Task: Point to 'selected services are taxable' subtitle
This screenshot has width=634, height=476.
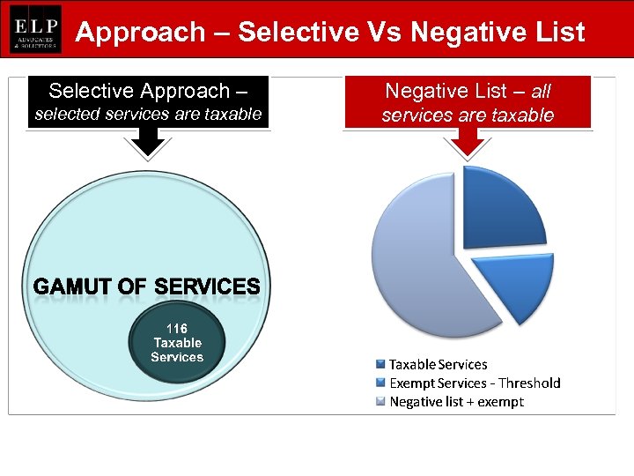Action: pyautogui.click(x=148, y=114)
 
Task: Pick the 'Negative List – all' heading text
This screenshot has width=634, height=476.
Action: pyautogui.click(x=468, y=91)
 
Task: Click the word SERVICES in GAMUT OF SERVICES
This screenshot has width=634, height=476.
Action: pyautogui.click(x=207, y=287)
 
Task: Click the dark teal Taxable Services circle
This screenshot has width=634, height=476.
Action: pyautogui.click(x=177, y=361)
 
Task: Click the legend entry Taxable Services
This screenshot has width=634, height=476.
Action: pyautogui.click(x=438, y=364)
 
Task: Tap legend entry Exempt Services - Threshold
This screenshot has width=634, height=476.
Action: pyautogui.click(x=475, y=383)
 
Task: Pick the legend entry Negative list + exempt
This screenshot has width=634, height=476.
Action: pyautogui.click(x=456, y=401)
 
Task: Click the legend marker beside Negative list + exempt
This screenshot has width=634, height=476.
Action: pyautogui.click(x=380, y=402)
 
